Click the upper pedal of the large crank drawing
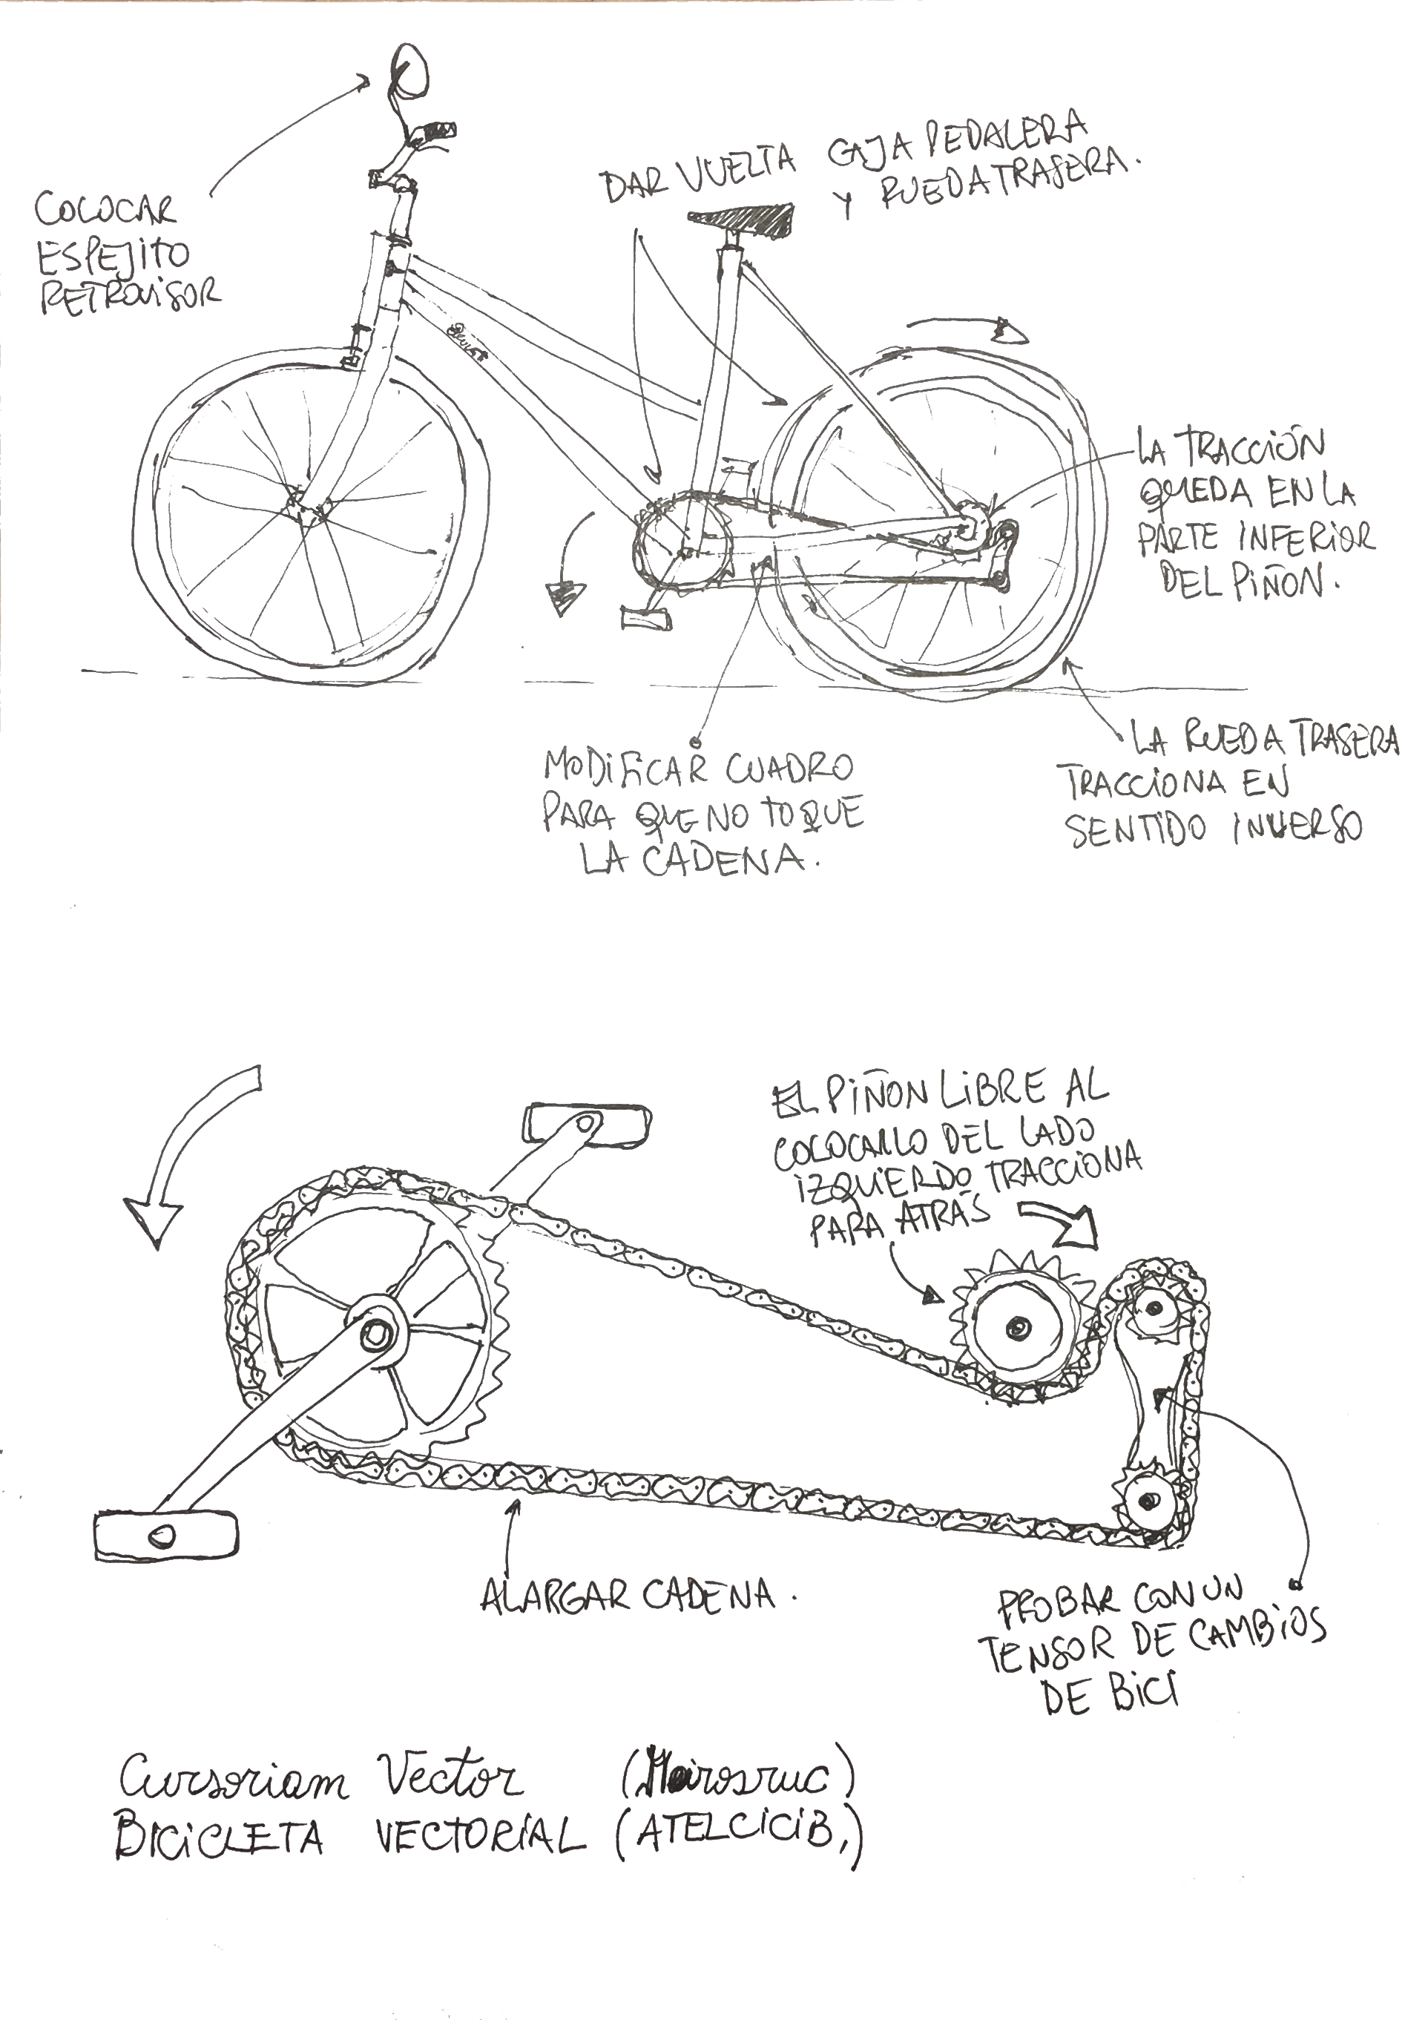pyautogui.click(x=587, y=1125)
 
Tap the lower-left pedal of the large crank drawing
pyautogui.click(x=165, y=1536)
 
